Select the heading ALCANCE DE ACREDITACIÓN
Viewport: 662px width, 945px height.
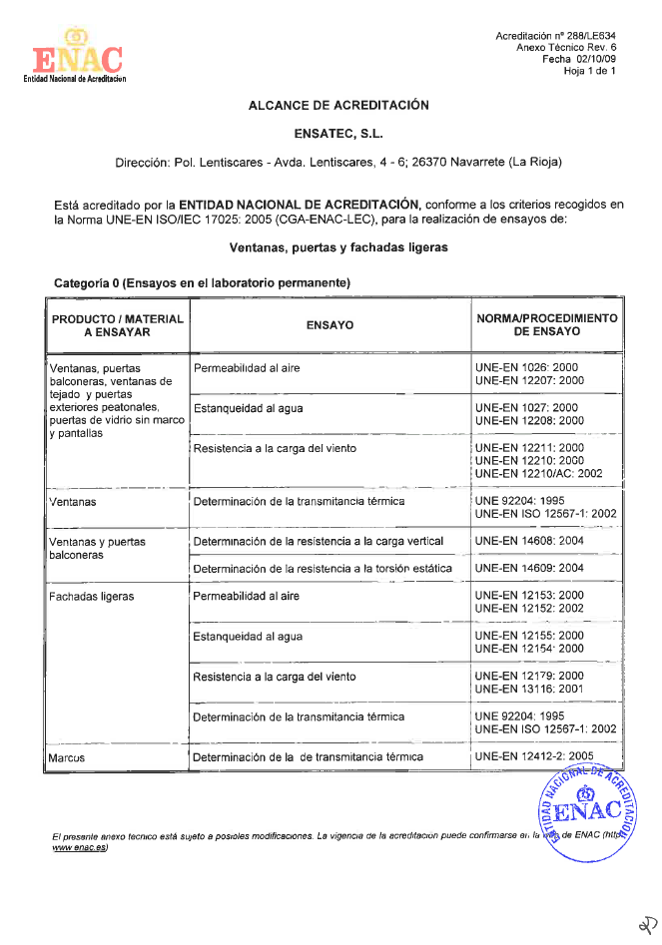(338, 105)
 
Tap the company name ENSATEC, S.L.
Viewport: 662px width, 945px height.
(338, 133)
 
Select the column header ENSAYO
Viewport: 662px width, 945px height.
(330, 325)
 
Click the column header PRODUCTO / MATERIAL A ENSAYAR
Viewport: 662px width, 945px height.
(118, 325)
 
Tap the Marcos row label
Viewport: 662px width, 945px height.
(67, 757)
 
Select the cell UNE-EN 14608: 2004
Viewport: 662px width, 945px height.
(529, 542)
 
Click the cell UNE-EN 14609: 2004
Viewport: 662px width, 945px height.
(529, 568)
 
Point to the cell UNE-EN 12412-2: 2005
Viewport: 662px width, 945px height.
(534, 756)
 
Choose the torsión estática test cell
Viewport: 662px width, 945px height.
(322, 569)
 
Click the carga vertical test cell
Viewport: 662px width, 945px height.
(318, 542)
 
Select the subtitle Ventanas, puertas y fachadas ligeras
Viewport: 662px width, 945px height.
(338, 246)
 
